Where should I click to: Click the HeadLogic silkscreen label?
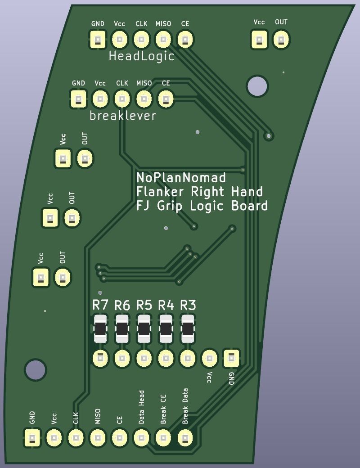click(x=141, y=57)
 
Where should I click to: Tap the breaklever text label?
click(x=123, y=116)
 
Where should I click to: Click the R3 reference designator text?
click(x=188, y=306)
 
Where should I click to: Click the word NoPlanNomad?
click(x=181, y=177)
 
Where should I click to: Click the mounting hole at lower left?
click(x=36, y=369)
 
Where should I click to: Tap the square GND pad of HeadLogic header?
click(x=97, y=40)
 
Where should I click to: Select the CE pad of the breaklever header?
click(x=166, y=99)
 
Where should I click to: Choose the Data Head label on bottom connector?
click(x=141, y=407)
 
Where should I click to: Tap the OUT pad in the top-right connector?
click(x=281, y=40)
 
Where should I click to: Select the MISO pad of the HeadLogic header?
click(x=163, y=40)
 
